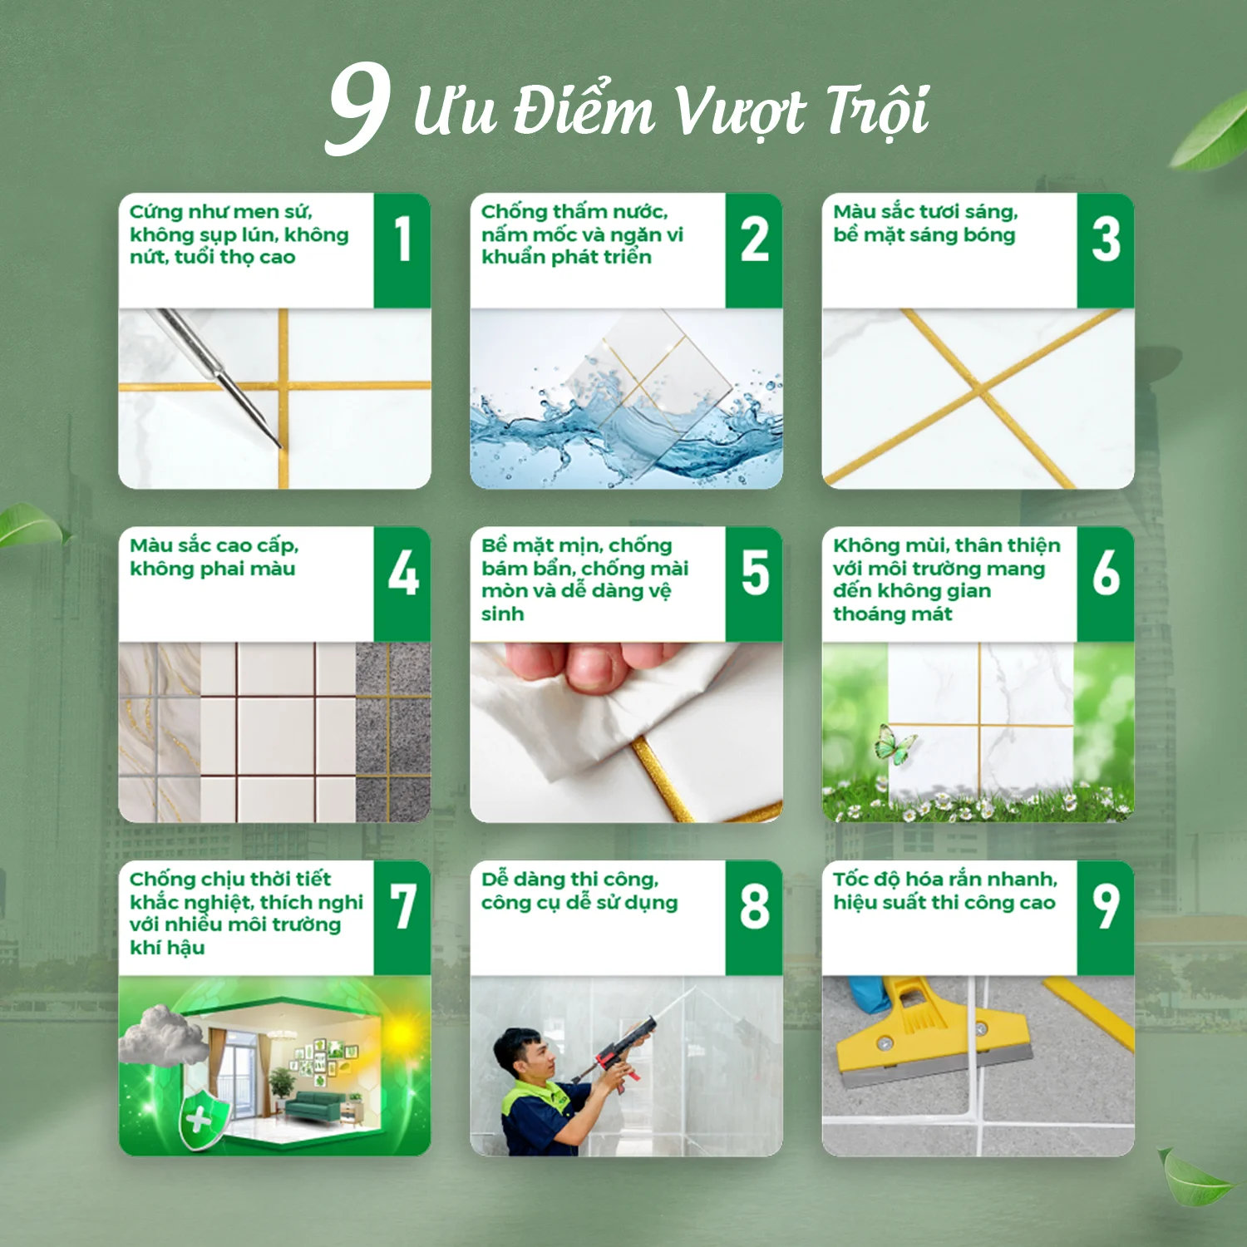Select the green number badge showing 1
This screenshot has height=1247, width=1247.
(402, 250)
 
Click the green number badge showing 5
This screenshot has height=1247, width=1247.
(754, 584)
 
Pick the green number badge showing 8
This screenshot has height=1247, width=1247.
(754, 918)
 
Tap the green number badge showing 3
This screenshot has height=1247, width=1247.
(1106, 250)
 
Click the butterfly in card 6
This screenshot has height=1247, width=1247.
(895, 744)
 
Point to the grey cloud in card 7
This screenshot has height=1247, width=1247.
(164, 1035)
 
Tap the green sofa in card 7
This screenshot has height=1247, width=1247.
(315, 1107)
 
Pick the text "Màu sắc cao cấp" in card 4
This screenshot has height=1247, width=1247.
(214, 545)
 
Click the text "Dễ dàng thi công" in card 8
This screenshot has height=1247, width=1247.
(570, 879)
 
